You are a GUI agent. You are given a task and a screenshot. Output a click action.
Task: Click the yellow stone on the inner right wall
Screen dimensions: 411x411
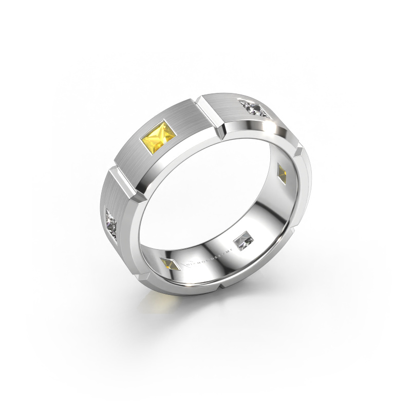coord(283,172)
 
